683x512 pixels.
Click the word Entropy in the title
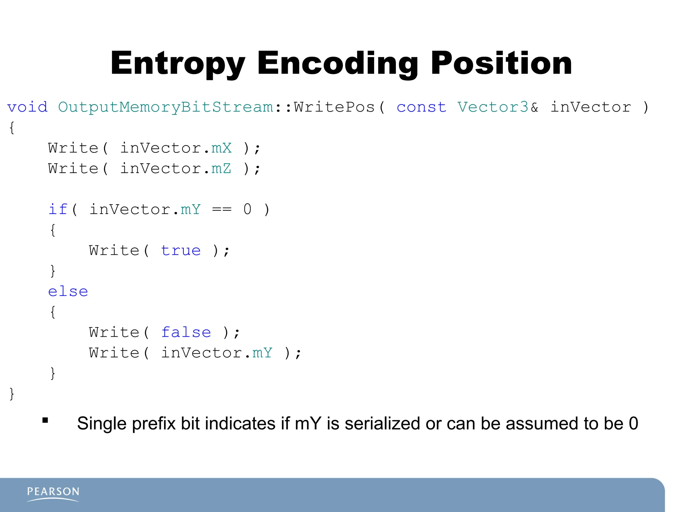click(x=178, y=63)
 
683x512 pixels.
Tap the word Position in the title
click(x=501, y=63)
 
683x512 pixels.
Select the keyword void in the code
click(x=27, y=107)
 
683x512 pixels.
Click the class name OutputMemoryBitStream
click(x=166, y=107)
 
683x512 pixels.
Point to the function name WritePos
click(x=334, y=107)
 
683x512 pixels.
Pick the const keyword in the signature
click(x=421, y=107)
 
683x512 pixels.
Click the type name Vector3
click(x=493, y=107)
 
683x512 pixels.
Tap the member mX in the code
click(x=221, y=148)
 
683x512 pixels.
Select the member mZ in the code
click(x=221, y=169)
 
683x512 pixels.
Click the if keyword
click(x=58, y=210)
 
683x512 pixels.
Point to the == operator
click(x=222, y=210)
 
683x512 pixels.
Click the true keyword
click(x=181, y=251)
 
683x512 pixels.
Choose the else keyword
click(x=68, y=292)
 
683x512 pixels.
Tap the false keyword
click(x=186, y=333)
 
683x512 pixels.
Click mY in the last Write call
click(x=262, y=353)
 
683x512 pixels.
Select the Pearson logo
click(x=53, y=493)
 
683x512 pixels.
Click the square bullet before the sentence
click(x=45, y=420)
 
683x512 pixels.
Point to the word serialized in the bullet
click(x=382, y=424)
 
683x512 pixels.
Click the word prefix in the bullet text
click(x=154, y=424)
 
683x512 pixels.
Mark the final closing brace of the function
click(x=12, y=394)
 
